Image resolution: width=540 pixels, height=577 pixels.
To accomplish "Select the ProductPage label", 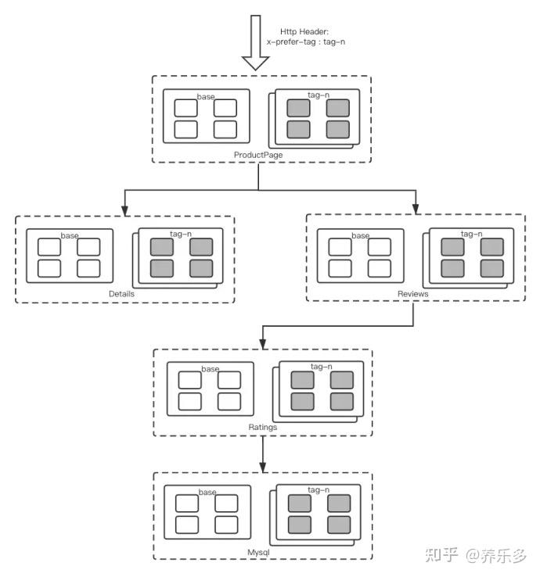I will [x=257, y=155].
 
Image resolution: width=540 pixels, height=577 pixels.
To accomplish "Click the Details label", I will [x=122, y=294].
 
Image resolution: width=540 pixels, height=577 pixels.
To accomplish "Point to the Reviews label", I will [x=412, y=294].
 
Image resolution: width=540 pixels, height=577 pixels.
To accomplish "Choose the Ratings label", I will [x=262, y=428].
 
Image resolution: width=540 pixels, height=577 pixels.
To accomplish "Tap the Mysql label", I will [x=259, y=552].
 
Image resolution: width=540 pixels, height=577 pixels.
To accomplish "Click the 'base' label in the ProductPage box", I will [x=206, y=97].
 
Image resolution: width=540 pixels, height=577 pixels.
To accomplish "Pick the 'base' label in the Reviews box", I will [x=360, y=235].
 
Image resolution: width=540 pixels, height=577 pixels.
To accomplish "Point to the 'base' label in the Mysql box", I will [x=207, y=492].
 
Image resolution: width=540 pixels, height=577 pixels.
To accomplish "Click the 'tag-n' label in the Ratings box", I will [x=322, y=367].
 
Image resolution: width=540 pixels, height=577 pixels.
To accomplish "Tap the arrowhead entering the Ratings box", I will [x=262, y=343].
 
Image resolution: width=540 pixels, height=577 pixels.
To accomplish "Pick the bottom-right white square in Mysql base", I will [x=226, y=524].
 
